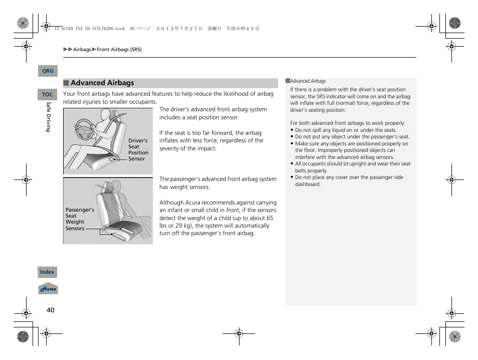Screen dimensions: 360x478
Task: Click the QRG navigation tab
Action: [48, 71]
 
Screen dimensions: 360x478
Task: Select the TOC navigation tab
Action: [47, 94]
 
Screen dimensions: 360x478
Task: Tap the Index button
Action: [47, 272]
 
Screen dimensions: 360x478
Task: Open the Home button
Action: [48, 289]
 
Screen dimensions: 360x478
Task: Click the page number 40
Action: [50, 310]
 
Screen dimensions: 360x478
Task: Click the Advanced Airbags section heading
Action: [102, 83]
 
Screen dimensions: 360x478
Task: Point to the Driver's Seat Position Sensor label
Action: [138, 150]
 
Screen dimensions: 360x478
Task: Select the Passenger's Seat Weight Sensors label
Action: [80, 219]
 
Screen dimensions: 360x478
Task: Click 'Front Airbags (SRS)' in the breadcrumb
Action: [119, 50]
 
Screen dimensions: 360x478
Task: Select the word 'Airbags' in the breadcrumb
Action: [82, 50]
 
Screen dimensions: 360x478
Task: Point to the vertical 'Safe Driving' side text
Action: [49, 117]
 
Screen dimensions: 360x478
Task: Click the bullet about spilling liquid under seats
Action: [345, 130]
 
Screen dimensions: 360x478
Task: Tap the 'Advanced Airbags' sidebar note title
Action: [308, 81]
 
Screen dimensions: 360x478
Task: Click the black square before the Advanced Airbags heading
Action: [66, 83]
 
